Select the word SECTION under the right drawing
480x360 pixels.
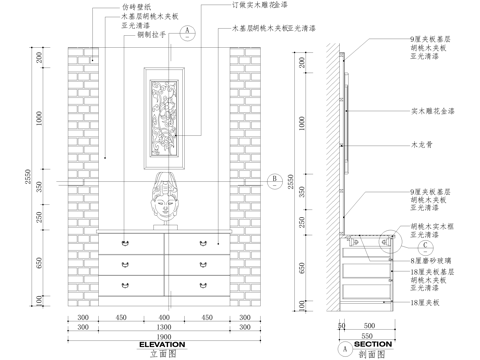[373, 343]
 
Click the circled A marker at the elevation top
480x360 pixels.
[187, 31]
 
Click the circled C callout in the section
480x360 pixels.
[424, 244]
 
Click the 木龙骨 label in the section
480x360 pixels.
[421, 145]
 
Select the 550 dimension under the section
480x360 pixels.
[368, 335]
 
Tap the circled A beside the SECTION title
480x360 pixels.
[345, 351]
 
